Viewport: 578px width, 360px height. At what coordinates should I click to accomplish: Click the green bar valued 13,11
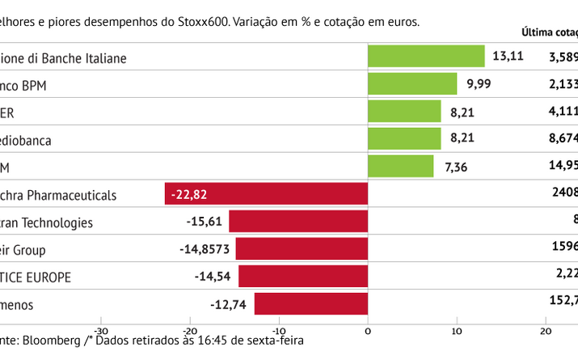coord(426,57)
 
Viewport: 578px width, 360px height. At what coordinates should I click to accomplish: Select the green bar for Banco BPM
coord(412,84)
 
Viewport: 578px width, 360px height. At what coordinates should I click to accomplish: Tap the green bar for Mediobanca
coord(404,139)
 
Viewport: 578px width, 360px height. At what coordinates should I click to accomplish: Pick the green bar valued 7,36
coord(400,167)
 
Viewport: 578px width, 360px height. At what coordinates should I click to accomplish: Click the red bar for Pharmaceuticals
coord(266,194)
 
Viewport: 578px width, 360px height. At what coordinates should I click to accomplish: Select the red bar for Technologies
coord(298,222)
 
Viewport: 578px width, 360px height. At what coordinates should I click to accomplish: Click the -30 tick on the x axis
coord(101,330)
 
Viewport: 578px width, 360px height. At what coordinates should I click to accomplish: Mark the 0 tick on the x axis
coord(368,330)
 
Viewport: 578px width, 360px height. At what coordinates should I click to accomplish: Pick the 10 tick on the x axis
coord(457,330)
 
